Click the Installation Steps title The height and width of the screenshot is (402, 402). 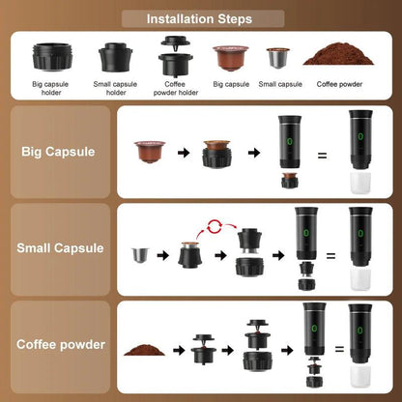coord(201,18)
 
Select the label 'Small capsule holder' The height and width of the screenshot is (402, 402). coord(116,88)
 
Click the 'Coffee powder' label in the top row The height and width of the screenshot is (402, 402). coord(338,84)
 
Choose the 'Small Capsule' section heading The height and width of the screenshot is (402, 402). coord(60,247)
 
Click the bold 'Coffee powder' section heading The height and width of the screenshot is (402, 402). coord(60,343)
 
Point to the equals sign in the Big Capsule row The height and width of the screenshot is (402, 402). coord(322,155)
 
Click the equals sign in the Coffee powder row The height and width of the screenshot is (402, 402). coord(330,355)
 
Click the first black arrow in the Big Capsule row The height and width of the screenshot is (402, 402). coord(182,152)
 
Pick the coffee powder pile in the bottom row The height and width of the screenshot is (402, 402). coord(145,346)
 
